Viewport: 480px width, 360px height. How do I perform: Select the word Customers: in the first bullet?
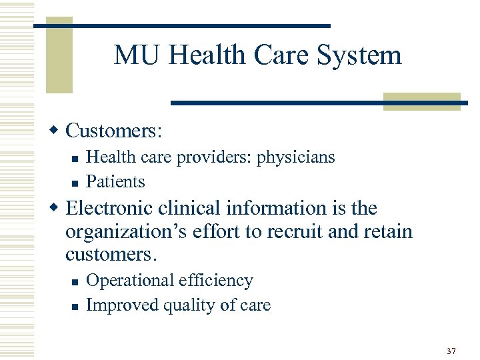click(114, 130)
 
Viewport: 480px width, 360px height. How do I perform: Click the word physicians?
click(296, 157)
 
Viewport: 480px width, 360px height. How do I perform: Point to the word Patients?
click(115, 181)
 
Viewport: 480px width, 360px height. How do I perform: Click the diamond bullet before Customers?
click(58, 129)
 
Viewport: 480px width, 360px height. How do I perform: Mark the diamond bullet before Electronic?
click(58, 207)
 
